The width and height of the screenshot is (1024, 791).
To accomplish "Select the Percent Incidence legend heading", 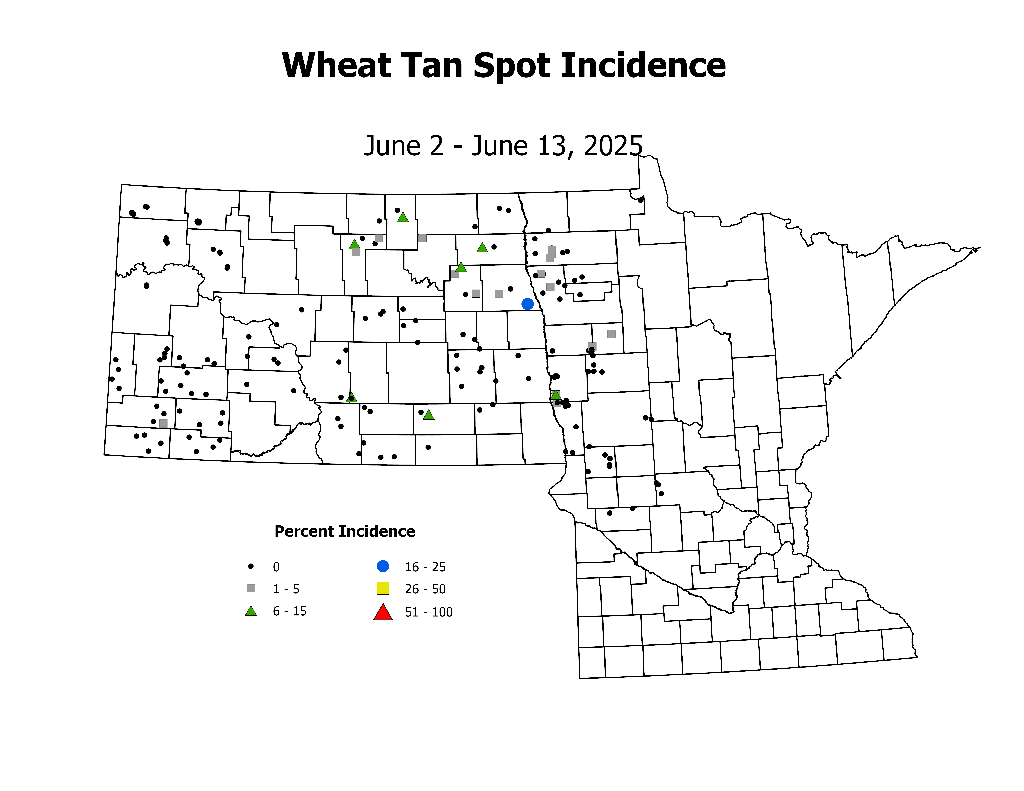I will [345, 531].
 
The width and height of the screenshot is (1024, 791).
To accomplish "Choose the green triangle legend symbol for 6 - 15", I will [251, 611].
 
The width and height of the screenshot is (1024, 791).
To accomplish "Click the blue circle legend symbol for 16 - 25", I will [383, 566].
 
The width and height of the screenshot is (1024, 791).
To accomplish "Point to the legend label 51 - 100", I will [429, 612].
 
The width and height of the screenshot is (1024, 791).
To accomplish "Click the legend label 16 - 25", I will [425, 567].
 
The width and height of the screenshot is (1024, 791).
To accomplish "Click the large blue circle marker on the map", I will [528, 304].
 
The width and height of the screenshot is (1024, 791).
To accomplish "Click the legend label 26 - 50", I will [425, 589].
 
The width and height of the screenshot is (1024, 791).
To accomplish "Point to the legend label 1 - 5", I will [286, 589].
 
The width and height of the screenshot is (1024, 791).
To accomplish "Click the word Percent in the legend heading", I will [304, 531].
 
